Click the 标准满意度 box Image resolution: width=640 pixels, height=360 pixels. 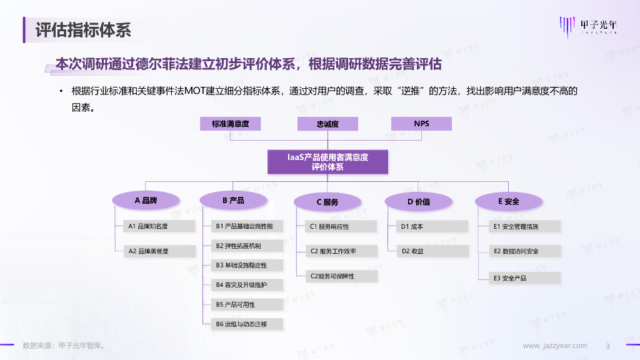point(230,124)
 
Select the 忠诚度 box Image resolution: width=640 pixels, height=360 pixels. point(327,124)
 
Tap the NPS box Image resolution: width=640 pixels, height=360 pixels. point(421,124)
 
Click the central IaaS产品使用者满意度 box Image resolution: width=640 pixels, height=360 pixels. point(327,162)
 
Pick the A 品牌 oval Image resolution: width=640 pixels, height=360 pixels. point(146,201)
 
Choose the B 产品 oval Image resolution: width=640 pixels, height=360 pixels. point(233,201)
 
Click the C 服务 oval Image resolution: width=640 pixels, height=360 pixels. point(327,201)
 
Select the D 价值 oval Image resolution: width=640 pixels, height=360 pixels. point(418,201)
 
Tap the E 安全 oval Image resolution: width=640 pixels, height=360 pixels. point(508,201)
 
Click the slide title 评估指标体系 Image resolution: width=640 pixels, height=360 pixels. point(82,29)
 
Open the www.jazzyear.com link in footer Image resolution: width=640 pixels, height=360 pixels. point(554,346)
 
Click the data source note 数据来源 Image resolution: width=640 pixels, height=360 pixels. point(63,346)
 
